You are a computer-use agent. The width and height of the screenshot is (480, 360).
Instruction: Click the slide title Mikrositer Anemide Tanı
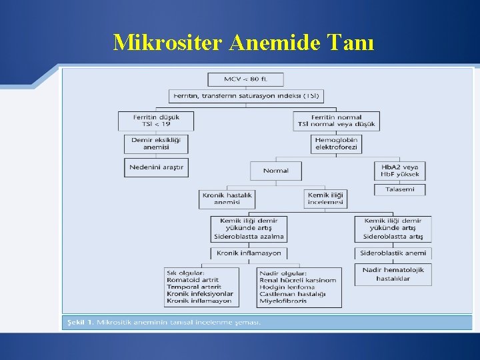click(243, 43)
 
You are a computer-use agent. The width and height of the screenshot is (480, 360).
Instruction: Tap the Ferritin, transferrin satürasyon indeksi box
click(245, 96)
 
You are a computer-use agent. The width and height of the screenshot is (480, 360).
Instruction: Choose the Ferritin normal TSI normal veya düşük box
click(336, 120)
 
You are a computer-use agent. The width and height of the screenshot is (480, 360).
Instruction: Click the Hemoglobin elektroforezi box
click(336, 143)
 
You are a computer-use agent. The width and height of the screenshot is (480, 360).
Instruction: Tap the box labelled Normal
click(275, 171)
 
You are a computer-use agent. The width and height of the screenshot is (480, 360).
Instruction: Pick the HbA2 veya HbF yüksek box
click(399, 171)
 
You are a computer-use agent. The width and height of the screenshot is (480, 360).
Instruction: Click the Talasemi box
click(399, 189)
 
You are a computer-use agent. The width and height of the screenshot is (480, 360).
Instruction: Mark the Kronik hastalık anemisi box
click(227, 199)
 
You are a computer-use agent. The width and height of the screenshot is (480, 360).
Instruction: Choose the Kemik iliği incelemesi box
click(325, 199)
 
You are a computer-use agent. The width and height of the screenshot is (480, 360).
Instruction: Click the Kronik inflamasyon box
click(249, 253)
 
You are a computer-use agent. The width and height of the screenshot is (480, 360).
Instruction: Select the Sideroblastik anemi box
click(393, 253)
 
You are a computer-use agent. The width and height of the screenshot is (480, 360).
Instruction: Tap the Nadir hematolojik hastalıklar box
click(393, 274)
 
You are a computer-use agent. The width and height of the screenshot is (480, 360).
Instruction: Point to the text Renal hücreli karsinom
click(298, 280)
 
